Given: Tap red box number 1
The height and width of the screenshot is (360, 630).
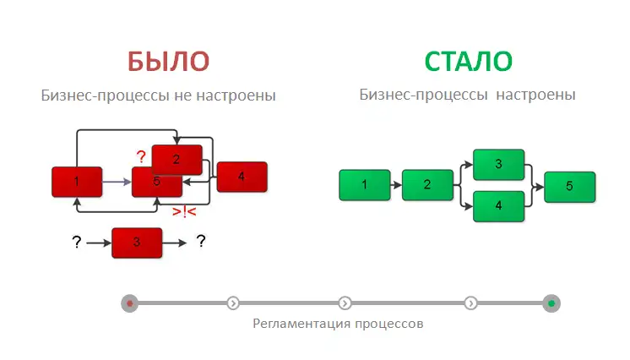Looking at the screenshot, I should pos(77,181).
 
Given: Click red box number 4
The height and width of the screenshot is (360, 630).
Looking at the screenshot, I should pos(242,177).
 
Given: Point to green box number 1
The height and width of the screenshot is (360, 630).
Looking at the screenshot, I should pos(364,185).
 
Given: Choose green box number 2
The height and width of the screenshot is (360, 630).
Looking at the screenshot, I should pos(427,185).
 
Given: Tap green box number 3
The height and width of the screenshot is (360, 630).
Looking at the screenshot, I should pos(498,165).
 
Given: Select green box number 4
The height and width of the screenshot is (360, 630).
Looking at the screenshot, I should pos(498,205).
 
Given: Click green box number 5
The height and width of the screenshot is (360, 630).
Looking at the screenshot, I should pos(569,186).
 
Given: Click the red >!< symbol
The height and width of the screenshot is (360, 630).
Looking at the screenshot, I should pos(184,212).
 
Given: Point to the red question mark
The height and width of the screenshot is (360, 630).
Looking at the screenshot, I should pos(141,155).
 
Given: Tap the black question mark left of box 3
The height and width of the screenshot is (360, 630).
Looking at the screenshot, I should pos(76,243).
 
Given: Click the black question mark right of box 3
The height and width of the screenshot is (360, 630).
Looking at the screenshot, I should pos(201,242).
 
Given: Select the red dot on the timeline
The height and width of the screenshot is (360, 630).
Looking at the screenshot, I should pos(128,303).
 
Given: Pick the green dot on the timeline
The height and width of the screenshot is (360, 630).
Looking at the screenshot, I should pos(551,303).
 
